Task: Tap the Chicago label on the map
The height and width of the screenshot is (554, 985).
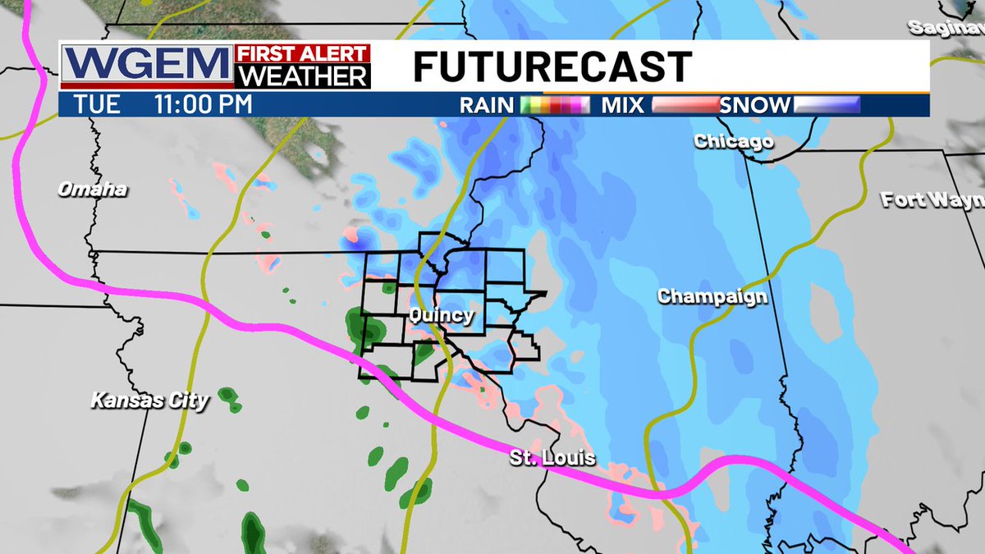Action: coord(733,142)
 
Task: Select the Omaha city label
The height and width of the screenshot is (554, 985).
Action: coord(92,190)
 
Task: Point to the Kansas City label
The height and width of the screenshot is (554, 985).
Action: coord(149,401)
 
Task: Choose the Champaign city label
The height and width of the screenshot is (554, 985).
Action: coord(712,297)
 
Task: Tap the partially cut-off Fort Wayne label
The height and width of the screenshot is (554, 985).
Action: coord(932,199)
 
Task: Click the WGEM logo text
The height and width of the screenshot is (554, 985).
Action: coord(146,65)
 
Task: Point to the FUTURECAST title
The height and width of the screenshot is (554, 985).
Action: coord(552,66)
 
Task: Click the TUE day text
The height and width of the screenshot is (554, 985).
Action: coord(97,105)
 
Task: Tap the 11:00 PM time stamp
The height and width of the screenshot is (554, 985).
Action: coord(204,105)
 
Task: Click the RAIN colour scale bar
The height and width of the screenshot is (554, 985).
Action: coord(556,105)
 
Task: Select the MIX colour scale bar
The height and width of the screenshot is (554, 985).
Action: coord(685,105)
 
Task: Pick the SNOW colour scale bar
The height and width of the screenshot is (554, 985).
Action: coord(827,105)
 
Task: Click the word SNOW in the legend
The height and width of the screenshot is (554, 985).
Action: coord(755,105)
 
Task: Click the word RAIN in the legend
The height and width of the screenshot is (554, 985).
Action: coord(487,105)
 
